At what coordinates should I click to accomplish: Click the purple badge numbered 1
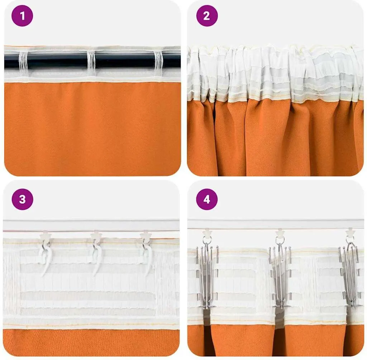22,16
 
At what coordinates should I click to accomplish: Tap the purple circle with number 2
207,16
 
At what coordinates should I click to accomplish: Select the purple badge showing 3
22,199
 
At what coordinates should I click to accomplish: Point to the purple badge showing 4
207,199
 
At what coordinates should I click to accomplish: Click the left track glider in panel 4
207,233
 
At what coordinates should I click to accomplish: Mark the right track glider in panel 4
351,233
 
